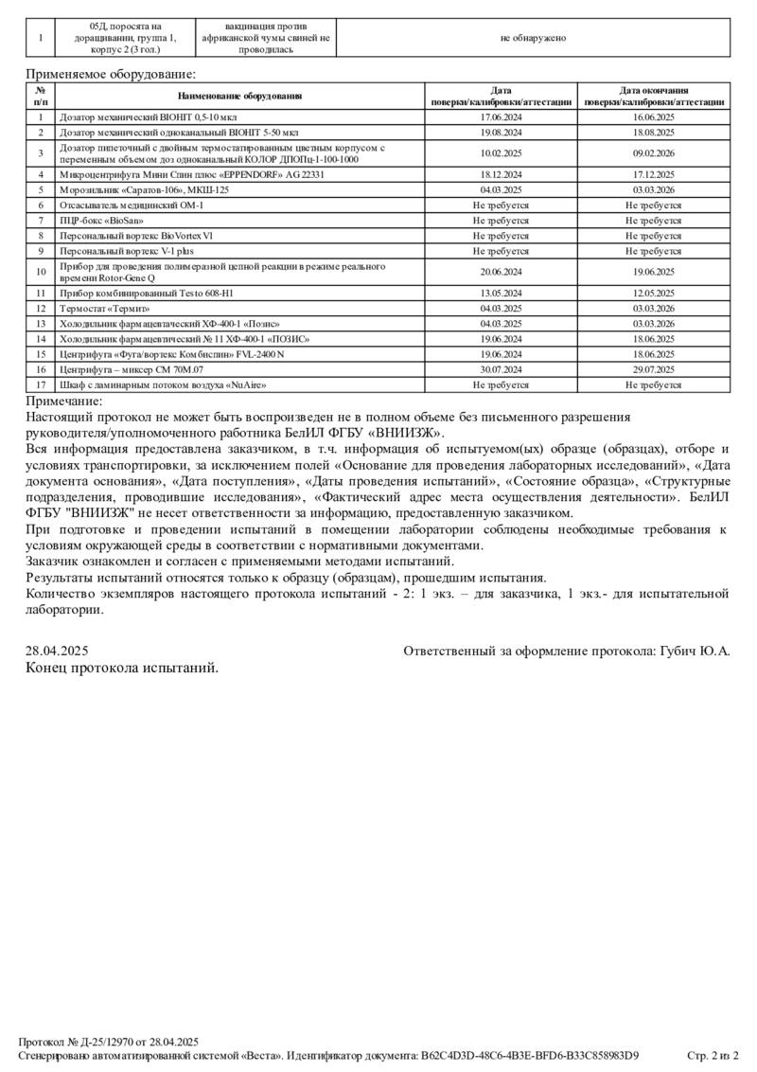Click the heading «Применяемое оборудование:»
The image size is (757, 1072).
112,73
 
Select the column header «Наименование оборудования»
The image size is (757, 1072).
240,96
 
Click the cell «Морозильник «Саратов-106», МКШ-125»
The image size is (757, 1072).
144,189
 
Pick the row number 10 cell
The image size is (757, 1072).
41,272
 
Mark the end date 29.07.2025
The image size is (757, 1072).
653,369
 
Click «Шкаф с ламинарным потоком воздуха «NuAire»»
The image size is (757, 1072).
162,385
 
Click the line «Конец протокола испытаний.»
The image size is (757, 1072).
122,668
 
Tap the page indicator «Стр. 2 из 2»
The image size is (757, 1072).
712,1055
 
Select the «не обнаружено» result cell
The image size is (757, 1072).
533,38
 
